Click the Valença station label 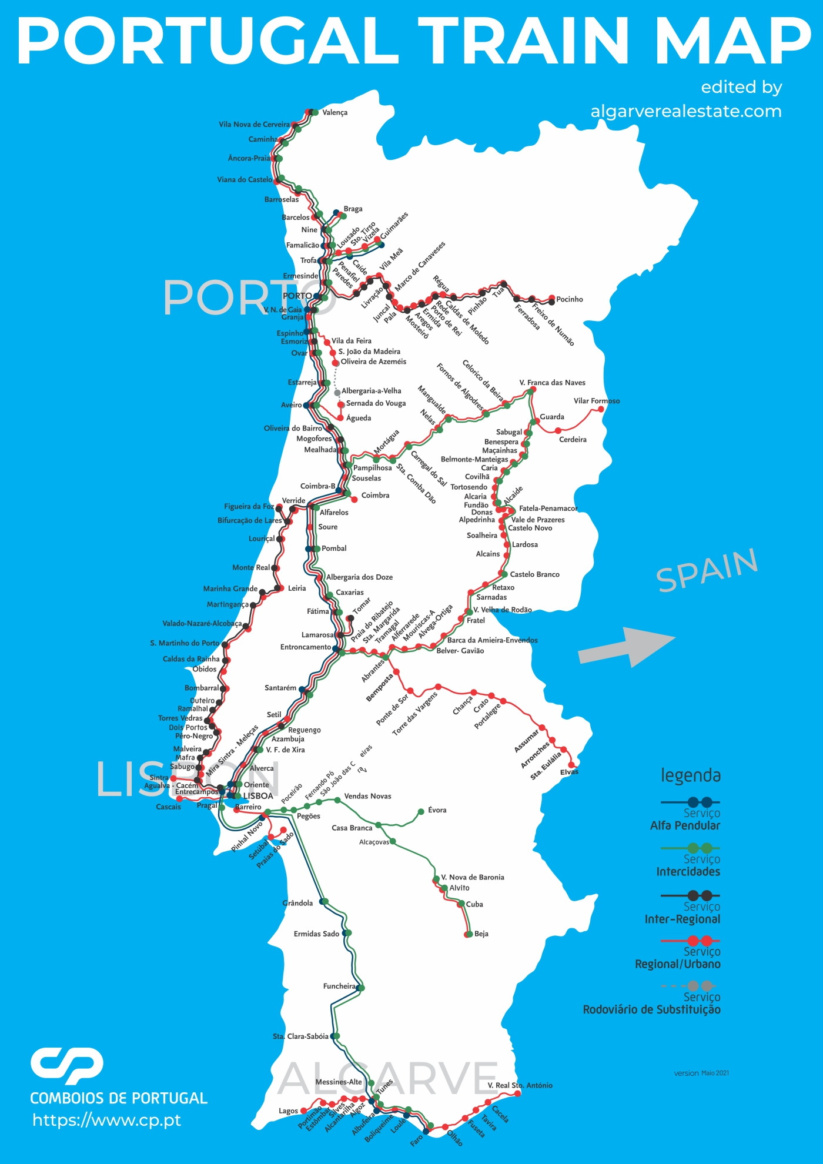334,112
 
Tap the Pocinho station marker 551,299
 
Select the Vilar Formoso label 596,401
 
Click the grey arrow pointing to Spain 627,647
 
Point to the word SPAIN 707,570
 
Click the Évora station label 437,810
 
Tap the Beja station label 481,934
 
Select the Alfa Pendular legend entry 685,825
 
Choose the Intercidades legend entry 688,871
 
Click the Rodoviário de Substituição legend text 651,1009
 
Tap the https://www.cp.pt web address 106,1120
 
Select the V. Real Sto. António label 520,1085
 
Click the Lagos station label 288,1111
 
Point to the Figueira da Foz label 249,506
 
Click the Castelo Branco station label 534,574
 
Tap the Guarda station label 551,417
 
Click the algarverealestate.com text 686,111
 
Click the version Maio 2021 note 701,1073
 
